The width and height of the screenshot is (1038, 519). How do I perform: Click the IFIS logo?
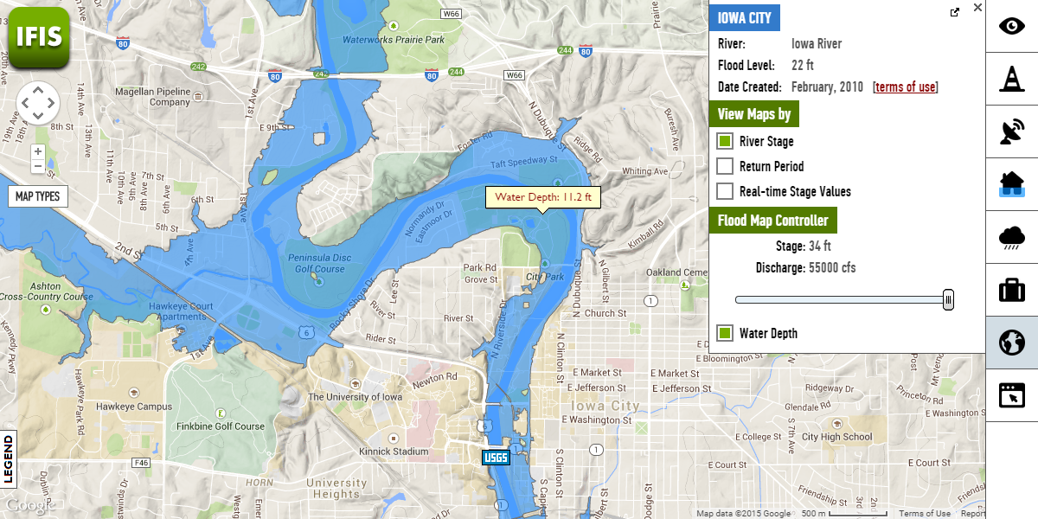pyautogui.click(x=39, y=36)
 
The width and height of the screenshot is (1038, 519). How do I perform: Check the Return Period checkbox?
pyautogui.click(x=725, y=166)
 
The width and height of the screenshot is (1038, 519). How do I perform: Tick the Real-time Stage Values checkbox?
pyautogui.click(x=725, y=191)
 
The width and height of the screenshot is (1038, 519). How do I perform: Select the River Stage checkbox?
pyautogui.click(x=725, y=141)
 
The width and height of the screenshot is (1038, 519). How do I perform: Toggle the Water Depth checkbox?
pyautogui.click(x=725, y=333)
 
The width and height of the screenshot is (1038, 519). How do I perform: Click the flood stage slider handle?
pyautogui.click(x=948, y=300)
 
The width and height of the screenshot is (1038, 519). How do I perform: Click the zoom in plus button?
pyautogui.click(x=38, y=151)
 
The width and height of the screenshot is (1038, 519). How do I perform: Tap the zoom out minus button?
pyautogui.click(x=38, y=166)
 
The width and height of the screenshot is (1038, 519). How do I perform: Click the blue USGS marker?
pyautogui.click(x=496, y=458)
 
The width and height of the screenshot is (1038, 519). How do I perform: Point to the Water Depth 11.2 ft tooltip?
pyautogui.click(x=542, y=197)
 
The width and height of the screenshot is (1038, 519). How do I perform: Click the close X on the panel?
pyautogui.click(x=977, y=8)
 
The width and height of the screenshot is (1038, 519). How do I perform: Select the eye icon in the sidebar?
pyautogui.click(x=1011, y=25)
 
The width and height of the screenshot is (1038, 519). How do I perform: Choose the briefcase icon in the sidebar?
pyautogui.click(x=1011, y=289)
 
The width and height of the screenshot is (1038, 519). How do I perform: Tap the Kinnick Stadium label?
pyautogui.click(x=394, y=452)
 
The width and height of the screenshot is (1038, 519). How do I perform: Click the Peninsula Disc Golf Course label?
pyautogui.click(x=317, y=263)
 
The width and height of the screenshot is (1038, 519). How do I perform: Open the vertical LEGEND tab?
pyautogui.click(x=9, y=458)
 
